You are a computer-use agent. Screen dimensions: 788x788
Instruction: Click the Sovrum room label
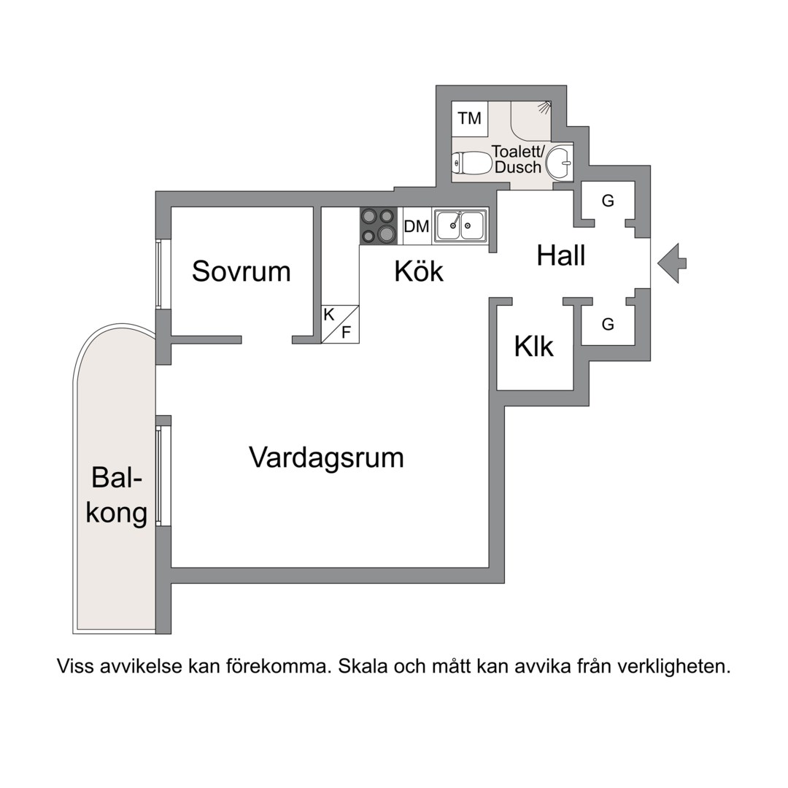(241, 271)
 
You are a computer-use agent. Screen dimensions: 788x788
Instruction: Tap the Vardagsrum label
(326, 458)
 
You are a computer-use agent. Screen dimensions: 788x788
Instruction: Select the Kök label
(419, 271)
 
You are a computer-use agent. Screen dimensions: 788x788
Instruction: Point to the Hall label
(561, 256)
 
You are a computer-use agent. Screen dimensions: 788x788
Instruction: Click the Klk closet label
(534, 347)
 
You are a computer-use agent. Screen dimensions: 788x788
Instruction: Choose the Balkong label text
(117, 495)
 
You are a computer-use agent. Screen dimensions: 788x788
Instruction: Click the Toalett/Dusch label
(518, 160)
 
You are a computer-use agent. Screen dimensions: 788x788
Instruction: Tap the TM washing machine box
(470, 118)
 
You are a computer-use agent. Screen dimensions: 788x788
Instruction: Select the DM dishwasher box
(417, 226)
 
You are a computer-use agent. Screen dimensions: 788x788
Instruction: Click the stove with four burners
(378, 225)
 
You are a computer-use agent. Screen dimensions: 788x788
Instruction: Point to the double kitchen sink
(460, 225)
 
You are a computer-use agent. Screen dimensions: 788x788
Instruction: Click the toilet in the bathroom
(471, 163)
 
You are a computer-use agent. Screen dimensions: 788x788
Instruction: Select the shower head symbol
(544, 107)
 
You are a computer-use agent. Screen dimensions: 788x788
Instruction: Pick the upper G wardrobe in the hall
(608, 201)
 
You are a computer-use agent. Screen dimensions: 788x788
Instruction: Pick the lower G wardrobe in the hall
(608, 325)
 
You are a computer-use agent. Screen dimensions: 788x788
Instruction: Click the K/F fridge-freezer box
(340, 325)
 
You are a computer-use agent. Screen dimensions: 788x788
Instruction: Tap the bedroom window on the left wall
(158, 274)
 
